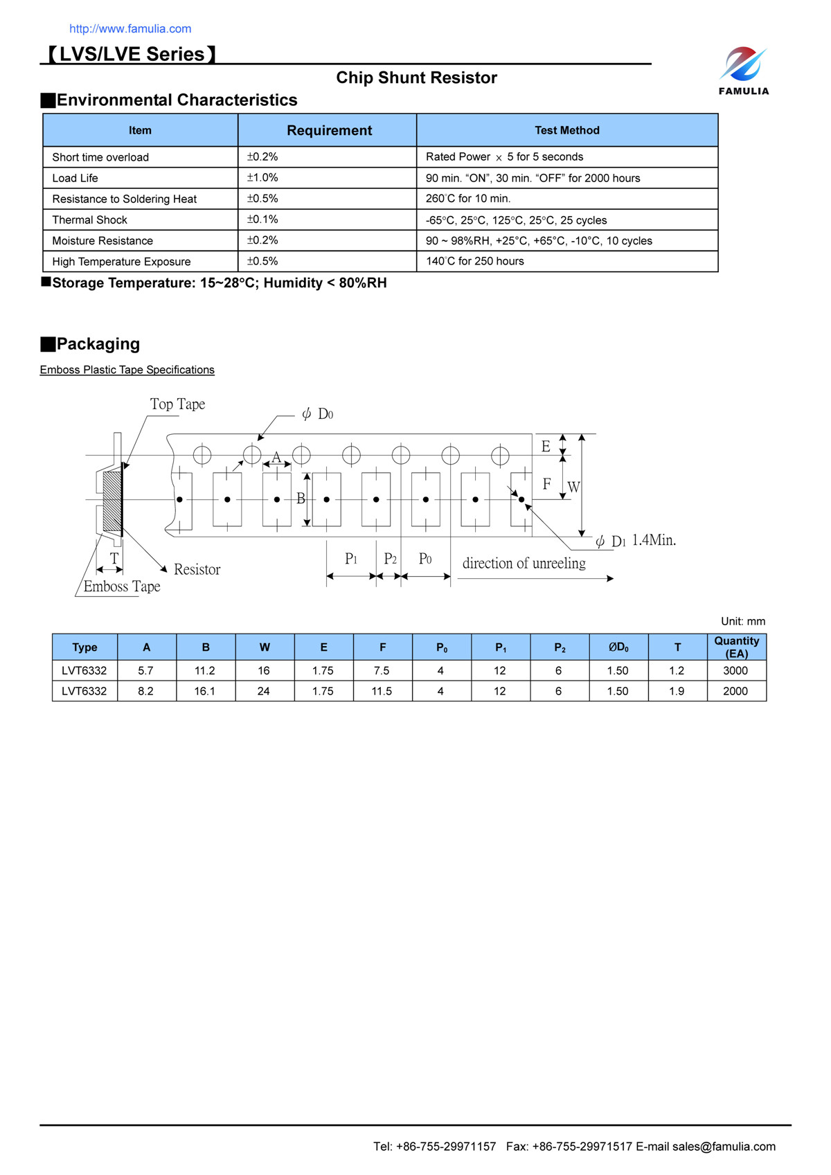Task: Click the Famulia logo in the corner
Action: [743, 70]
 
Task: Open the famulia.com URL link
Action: [130, 28]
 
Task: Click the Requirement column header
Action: [329, 130]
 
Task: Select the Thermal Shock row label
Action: [90, 219]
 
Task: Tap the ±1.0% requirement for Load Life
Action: [262, 178]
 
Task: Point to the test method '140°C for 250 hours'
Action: [474, 261]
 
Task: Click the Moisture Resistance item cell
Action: [102, 240]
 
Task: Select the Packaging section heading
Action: [98, 344]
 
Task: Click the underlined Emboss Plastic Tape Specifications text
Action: [127, 370]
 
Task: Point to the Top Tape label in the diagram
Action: [177, 404]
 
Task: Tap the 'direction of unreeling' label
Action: [524, 563]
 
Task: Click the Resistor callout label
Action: [197, 569]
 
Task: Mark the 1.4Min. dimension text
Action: [654, 540]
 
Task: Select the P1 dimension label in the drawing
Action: [351, 559]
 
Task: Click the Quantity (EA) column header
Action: [736, 647]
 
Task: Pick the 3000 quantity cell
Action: [735, 670]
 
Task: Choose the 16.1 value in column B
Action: [205, 691]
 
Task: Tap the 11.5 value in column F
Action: [382, 691]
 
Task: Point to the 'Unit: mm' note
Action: [742, 621]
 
